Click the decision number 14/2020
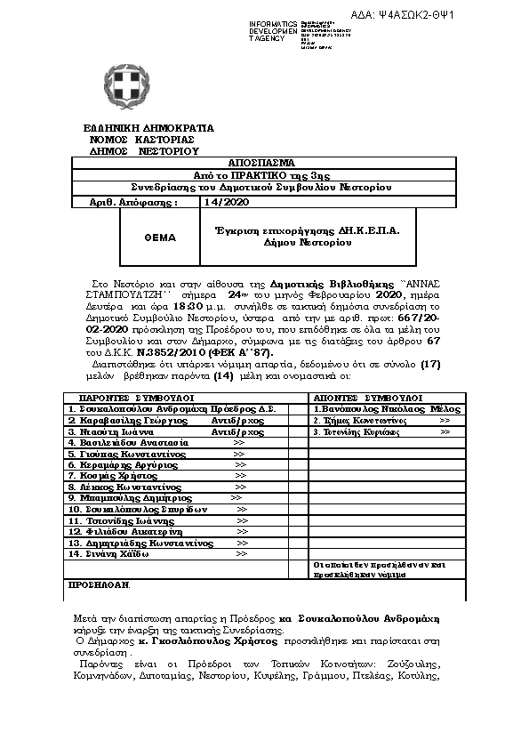pyautogui.click(x=221, y=202)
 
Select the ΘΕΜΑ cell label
pyautogui.click(x=160, y=238)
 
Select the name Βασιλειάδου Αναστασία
pyautogui.click(x=129, y=442)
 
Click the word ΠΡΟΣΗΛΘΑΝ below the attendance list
pyautogui.click(x=99, y=584)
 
